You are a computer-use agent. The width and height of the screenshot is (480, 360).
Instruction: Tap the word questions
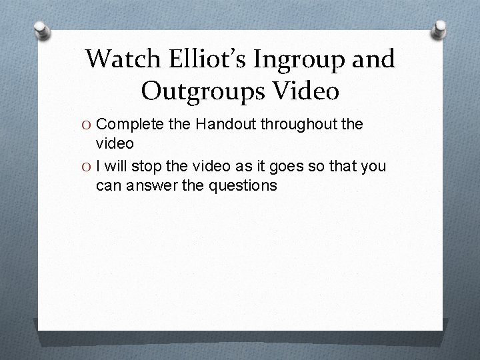(x=243, y=186)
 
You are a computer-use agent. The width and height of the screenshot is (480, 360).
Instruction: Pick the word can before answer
(x=107, y=186)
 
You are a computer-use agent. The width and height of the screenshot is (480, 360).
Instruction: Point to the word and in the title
(x=375, y=59)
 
